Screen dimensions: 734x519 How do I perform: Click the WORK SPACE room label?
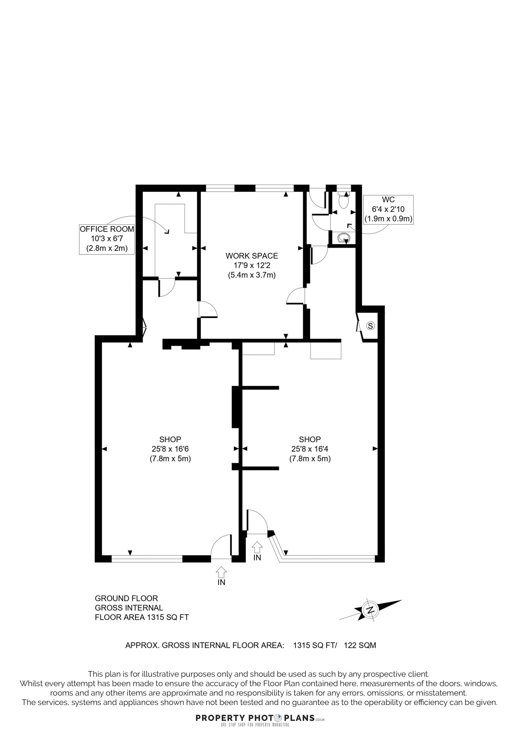[x=252, y=256]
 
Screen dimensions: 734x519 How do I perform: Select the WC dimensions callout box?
[x=388, y=210]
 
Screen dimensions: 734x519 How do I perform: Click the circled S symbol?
[x=371, y=326]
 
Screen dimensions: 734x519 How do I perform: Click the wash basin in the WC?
[x=344, y=237]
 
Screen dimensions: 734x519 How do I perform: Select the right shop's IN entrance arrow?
[x=257, y=550]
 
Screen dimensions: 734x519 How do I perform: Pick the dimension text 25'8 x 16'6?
[x=170, y=449]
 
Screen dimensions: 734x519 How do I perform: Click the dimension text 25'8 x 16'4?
[x=310, y=449]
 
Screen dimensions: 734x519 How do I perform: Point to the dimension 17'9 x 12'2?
[x=252, y=266]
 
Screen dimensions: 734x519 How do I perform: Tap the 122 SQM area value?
[x=360, y=645]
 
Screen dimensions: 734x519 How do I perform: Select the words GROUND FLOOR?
[x=126, y=598]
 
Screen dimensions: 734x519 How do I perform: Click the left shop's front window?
[x=147, y=558]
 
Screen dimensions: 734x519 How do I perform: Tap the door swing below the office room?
[x=167, y=288]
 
